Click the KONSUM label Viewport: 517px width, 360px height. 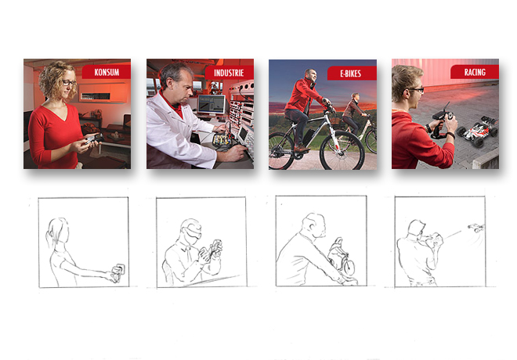click(107, 72)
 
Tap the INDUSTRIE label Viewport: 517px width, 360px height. click(229, 73)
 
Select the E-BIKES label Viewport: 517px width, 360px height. click(350, 74)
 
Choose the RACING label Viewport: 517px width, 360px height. click(475, 72)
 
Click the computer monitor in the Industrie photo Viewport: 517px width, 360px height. click(211, 105)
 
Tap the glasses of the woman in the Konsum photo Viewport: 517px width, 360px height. click(69, 83)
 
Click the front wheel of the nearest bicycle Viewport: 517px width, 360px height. click(342, 150)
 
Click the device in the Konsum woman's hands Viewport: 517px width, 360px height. click(93, 138)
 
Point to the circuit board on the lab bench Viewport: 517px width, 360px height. click(222, 139)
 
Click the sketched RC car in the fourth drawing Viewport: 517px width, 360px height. click(475, 227)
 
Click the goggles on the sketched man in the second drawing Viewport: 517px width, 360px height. click(192, 232)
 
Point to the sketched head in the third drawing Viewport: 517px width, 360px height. click(314, 225)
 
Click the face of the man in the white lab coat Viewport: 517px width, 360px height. click(183, 88)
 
